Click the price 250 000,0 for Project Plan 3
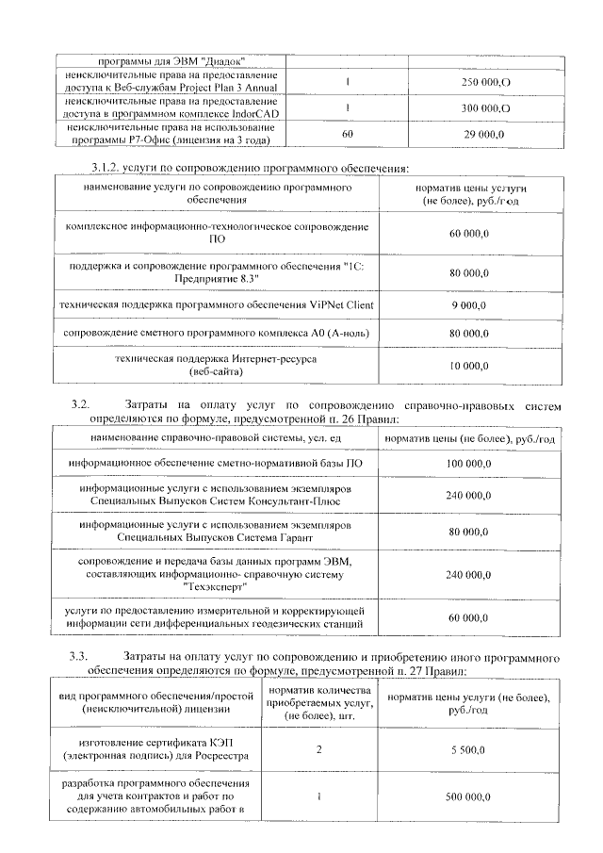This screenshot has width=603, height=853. coord(485,83)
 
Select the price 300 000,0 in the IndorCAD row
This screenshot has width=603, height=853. coord(485,109)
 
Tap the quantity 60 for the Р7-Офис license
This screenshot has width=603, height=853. coord(348,135)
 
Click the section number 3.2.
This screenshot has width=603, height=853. coord(79,404)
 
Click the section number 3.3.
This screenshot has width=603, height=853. coord(79,655)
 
